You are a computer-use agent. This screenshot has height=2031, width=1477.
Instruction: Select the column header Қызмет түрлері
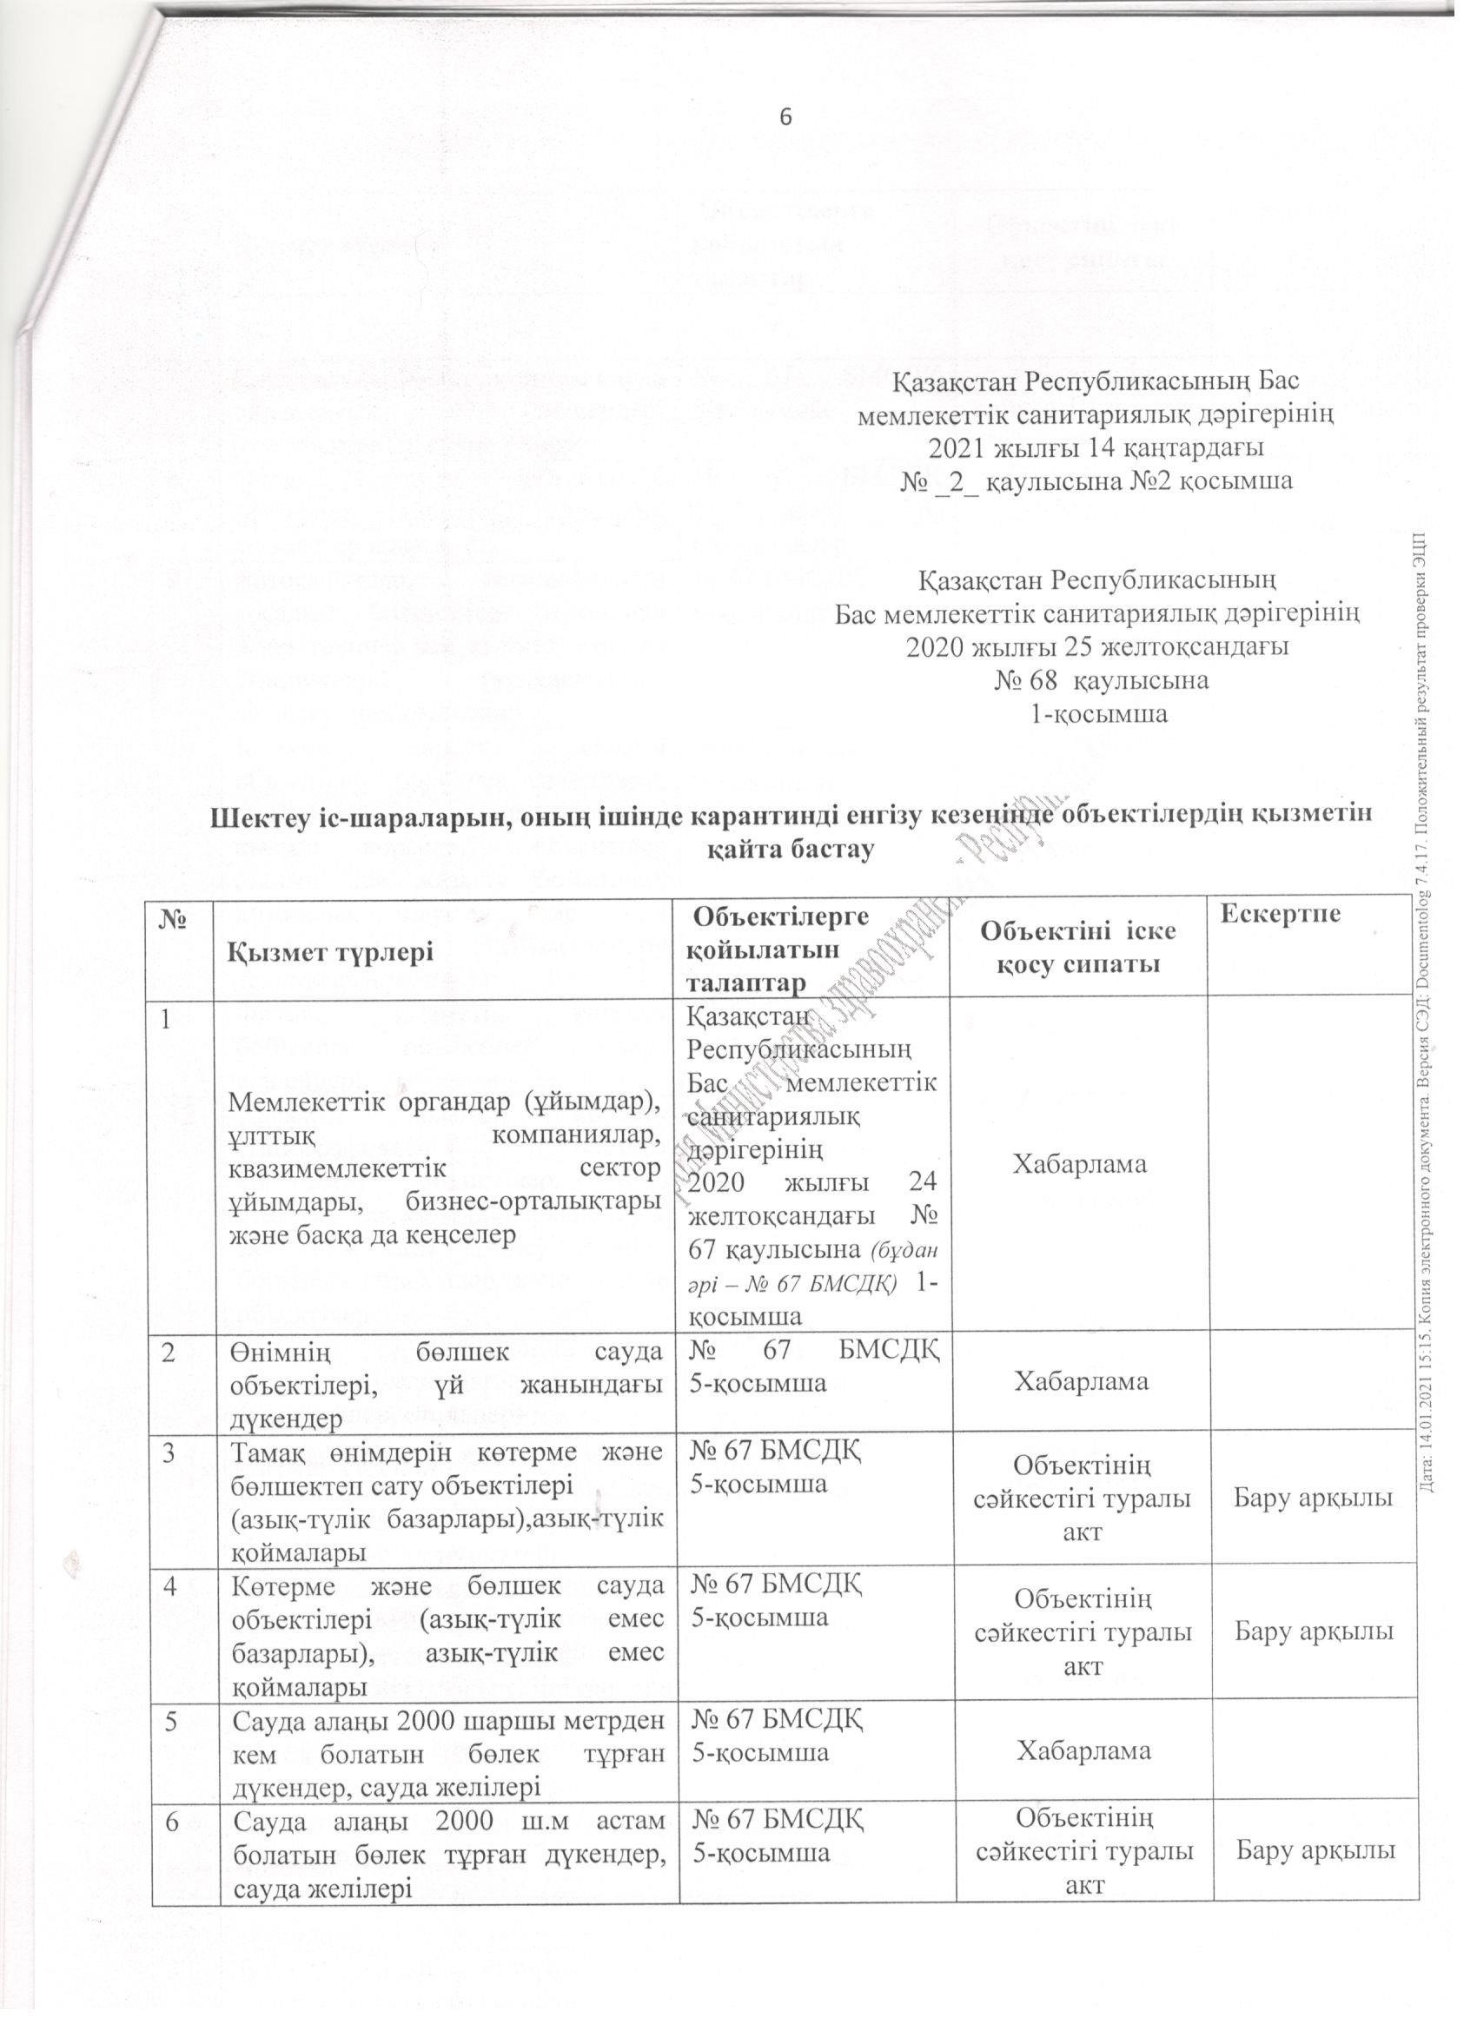pyautogui.click(x=331, y=950)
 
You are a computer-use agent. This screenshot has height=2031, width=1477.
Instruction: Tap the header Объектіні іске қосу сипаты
pyautogui.click(x=1077, y=947)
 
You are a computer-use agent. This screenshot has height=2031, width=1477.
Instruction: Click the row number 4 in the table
pyautogui.click(x=170, y=1587)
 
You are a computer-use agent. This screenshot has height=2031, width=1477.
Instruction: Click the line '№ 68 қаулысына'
pyautogui.click(x=1101, y=679)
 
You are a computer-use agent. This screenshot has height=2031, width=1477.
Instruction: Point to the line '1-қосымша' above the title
pyautogui.click(x=1100, y=715)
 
